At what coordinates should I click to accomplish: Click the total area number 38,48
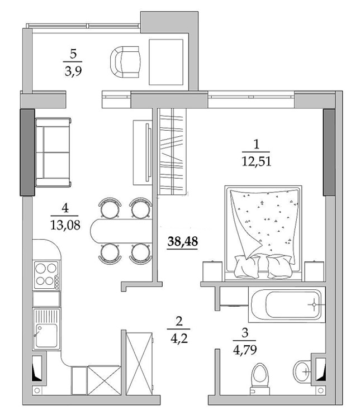pyautogui.click(x=183, y=241)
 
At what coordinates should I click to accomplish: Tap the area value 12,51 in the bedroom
pyautogui.click(x=256, y=161)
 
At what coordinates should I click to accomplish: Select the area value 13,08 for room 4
pyautogui.click(x=65, y=225)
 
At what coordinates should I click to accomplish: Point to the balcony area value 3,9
pyautogui.click(x=73, y=71)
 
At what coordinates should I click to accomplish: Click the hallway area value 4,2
pyautogui.click(x=178, y=338)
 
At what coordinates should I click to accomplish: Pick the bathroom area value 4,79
pyautogui.click(x=245, y=350)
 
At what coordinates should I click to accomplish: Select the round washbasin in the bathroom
pyautogui.click(x=302, y=371)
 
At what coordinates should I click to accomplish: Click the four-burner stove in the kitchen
pyautogui.click(x=46, y=274)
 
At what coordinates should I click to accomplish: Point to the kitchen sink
pyautogui.click(x=46, y=329)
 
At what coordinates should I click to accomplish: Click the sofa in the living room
pyautogui.click(x=53, y=152)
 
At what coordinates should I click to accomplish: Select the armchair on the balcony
pyautogui.click(x=125, y=62)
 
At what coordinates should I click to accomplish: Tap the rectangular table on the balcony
pyautogui.click(x=166, y=62)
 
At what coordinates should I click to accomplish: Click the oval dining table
pyautogui.click(x=121, y=231)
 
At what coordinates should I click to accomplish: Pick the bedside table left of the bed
pyautogui.click(x=213, y=271)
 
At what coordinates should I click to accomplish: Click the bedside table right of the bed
pyautogui.click(x=314, y=271)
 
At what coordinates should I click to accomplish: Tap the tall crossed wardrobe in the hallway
pyautogui.click(x=139, y=364)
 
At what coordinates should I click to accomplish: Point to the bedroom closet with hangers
pyautogui.click(x=172, y=151)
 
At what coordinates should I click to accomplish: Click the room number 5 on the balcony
pyautogui.click(x=73, y=54)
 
